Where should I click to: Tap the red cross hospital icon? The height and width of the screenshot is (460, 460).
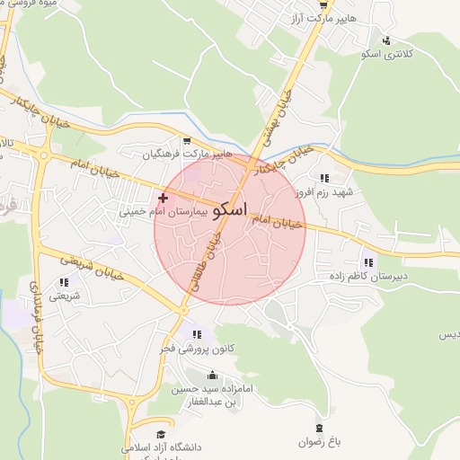(163, 198)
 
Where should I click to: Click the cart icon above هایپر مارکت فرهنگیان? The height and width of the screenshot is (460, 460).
(187, 140)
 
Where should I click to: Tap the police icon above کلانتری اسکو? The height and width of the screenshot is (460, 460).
(386, 40)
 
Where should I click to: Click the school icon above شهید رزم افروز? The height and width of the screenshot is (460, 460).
(323, 178)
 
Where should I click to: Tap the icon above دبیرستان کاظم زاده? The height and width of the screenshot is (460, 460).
(367, 262)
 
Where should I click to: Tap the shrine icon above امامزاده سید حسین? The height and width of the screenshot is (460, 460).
(213, 375)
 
